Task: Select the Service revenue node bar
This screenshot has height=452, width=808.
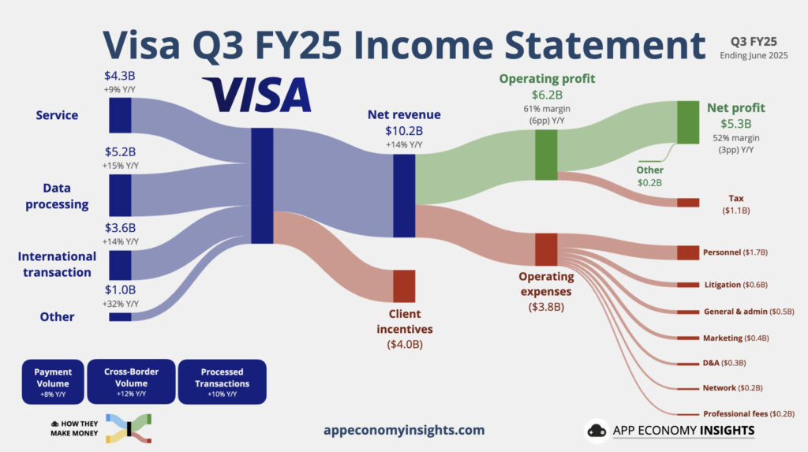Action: pos(120,115)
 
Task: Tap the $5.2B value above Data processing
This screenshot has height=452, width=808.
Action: pos(120,151)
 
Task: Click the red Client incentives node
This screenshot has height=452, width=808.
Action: pos(404,286)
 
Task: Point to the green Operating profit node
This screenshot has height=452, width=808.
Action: pos(546,155)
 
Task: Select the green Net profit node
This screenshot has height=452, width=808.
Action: pos(688,122)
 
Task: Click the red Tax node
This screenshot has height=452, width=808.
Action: pos(688,203)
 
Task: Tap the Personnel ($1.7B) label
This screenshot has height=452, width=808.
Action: pos(735,252)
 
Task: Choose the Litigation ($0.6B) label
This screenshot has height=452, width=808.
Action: pos(735,285)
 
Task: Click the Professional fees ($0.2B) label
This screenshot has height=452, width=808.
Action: pos(748,413)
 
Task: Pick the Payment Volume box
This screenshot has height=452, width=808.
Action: pos(53,381)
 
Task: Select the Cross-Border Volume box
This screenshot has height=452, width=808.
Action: pos(131,381)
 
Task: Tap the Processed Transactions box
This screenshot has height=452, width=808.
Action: pos(223,381)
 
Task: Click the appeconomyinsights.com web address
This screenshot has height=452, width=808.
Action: pos(404,431)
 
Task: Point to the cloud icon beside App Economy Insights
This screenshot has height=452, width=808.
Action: pos(596,431)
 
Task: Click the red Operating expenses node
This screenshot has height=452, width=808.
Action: pos(546,249)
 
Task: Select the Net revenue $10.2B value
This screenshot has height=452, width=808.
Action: pos(404,130)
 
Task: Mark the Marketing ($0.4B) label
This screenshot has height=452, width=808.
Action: pos(735,338)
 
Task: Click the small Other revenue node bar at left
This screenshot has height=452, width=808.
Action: pos(120,317)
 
